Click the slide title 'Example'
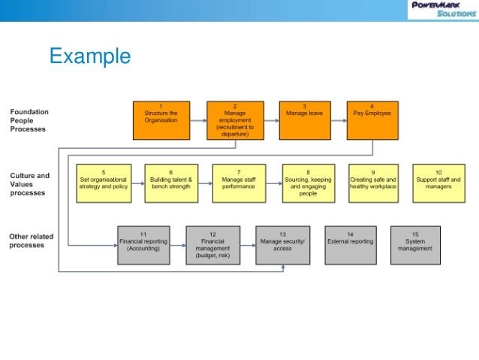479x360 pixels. (x=89, y=57)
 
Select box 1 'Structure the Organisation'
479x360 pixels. (x=160, y=120)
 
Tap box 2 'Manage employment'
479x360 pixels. (x=234, y=120)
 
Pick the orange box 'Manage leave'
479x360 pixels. (x=304, y=120)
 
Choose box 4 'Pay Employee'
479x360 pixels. (x=372, y=120)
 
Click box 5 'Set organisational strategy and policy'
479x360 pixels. (x=104, y=183)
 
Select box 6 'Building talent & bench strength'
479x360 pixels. (x=170, y=183)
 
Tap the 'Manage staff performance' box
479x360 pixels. (x=239, y=183)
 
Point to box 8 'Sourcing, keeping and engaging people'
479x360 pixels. (x=308, y=183)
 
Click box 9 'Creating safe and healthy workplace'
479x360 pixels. (x=372, y=183)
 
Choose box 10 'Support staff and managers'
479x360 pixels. (x=438, y=183)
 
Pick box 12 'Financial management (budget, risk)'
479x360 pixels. (x=212, y=244)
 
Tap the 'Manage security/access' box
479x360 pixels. (x=282, y=244)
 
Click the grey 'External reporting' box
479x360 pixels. (x=350, y=244)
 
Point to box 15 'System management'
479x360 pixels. (x=416, y=244)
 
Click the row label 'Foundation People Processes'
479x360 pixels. (x=29, y=120)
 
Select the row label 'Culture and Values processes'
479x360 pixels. (x=29, y=184)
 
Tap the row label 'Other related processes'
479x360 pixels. (x=31, y=241)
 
